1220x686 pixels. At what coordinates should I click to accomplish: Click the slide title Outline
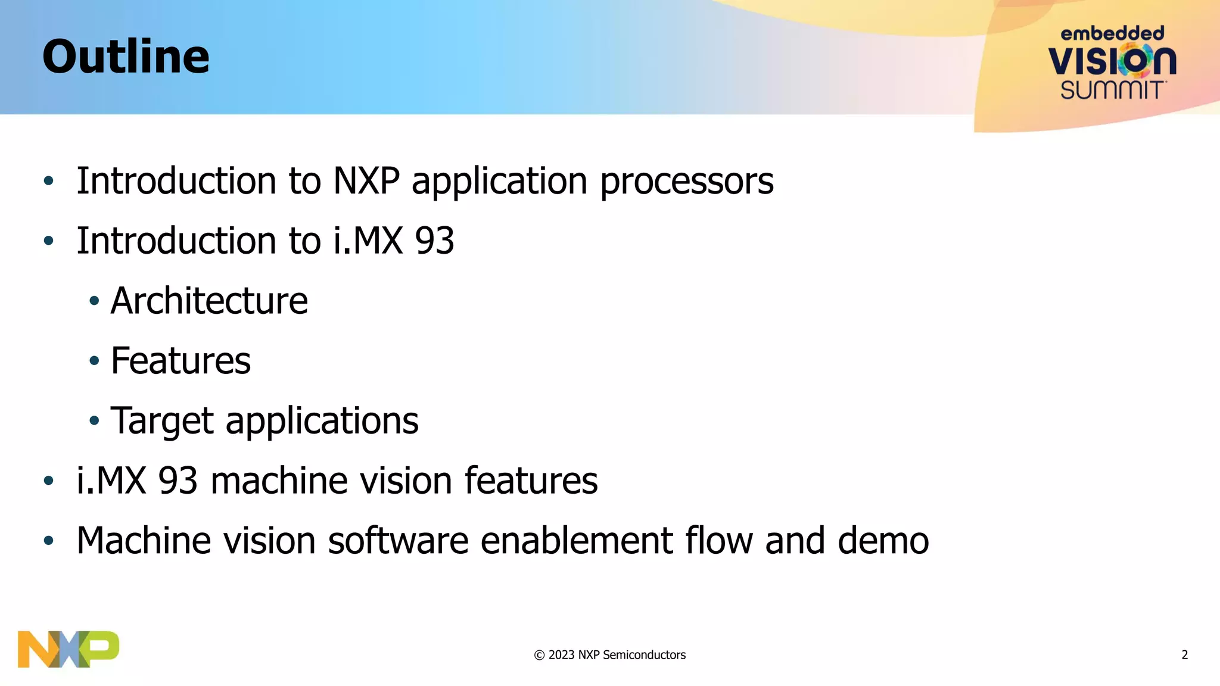[x=126, y=57]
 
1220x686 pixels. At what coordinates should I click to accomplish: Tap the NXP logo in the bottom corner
[x=68, y=649]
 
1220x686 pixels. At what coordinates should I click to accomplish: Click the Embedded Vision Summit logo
[x=1112, y=63]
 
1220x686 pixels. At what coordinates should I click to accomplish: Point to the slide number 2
[x=1184, y=655]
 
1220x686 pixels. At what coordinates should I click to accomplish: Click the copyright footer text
[x=610, y=655]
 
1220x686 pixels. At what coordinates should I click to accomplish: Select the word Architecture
[x=209, y=301]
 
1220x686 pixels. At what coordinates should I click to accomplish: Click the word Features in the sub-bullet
[x=180, y=361]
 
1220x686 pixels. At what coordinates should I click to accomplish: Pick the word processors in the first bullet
[x=686, y=182]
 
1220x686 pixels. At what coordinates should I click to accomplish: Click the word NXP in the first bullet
[x=366, y=181]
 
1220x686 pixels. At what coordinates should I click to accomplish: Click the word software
[x=398, y=541]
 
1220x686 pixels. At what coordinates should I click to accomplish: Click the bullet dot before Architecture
[x=94, y=301]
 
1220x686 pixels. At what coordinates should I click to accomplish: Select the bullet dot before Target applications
[x=94, y=421]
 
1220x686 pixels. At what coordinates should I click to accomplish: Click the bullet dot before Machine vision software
[x=49, y=541]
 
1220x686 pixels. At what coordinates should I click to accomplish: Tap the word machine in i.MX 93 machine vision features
[x=279, y=481]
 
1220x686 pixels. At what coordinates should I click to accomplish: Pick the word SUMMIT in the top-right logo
[x=1112, y=91]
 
